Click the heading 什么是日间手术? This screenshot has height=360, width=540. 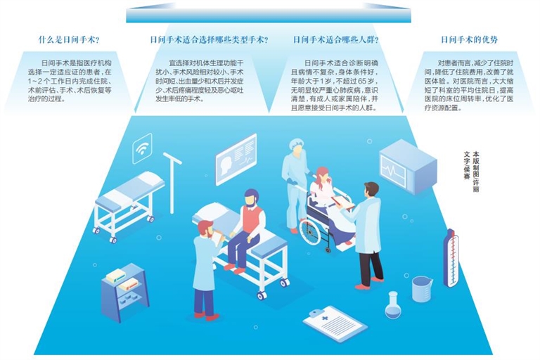click(x=69, y=40)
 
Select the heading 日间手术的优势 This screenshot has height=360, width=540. click(x=469, y=40)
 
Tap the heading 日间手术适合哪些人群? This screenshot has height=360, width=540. click(x=336, y=40)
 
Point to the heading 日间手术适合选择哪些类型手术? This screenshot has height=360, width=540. click(x=209, y=40)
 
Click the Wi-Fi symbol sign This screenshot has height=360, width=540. click(x=142, y=148)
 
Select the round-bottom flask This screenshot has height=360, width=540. click(x=393, y=305)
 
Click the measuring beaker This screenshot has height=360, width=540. click(x=422, y=289)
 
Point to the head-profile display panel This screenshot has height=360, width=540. click(x=236, y=159)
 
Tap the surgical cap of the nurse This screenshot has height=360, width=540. click(x=295, y=144)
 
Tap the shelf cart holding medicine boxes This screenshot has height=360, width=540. click(x=124, y=292)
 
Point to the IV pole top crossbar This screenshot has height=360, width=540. click(x=172, y=158)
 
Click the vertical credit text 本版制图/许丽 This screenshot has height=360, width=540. click(x=476, y=172)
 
